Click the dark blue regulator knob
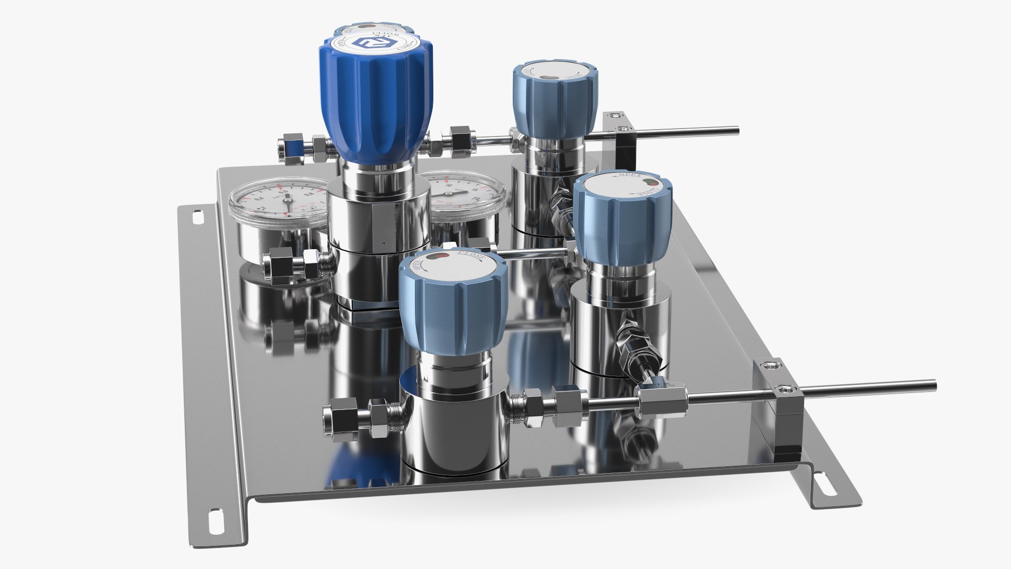[375, 100]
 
